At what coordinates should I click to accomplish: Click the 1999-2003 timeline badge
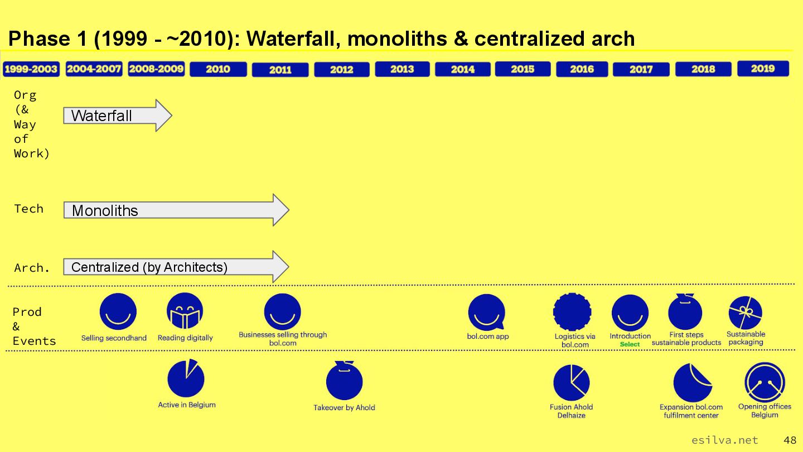click(31, 69)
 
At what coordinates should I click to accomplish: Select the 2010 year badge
click(218, 69)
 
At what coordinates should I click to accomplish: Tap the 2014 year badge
click(462, 69)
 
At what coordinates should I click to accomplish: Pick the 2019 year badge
click(763, 69)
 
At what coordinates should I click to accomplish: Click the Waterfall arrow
click(118, 116)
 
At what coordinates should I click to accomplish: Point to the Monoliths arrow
click(176, 210)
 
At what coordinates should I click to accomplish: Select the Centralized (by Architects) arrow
click(176, 267)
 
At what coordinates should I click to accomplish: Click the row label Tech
click(28, 209)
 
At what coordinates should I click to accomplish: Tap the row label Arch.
click(32, 268)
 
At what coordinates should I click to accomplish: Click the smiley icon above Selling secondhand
click(118, 311)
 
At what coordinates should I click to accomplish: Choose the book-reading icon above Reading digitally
click(185, 311)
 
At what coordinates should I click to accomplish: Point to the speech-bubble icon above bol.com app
click(486, 312)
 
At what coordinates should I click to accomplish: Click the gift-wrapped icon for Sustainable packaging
click(745, 312)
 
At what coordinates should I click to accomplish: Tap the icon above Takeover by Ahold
click(344, 381)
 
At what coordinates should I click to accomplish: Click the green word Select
click(630, 344)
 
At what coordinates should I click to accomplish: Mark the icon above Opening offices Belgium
click(765, 382)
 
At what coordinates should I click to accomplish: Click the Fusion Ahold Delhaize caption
click(572, 411)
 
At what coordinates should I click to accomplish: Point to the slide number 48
click(790, 440)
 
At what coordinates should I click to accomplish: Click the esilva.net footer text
click(724, 440)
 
